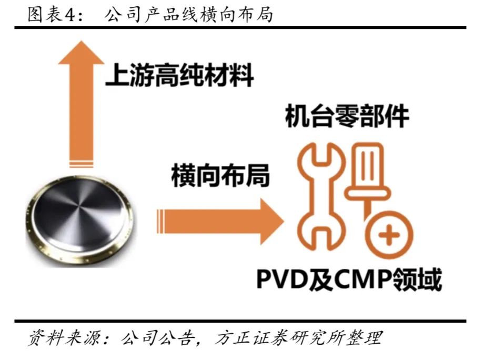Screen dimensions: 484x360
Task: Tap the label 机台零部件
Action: pyautogui.click(x=347, y=116)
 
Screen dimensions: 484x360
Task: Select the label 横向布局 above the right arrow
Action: pyautogui.click(x=220, y=175)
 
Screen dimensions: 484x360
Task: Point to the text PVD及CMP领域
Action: pyautogui.click(x=349, y=279)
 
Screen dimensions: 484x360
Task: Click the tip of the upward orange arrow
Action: pyautogui.click(x=81, y=41)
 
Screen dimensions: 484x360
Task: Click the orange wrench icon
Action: pyautogui.click(x=321, y=196)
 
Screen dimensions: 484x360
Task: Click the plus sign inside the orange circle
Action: pyautogui.click(x=389, y=235)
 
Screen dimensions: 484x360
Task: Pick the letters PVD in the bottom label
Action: pyautogui.click(x=283, y=279)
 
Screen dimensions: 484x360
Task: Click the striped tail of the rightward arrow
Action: pyautogui.click(x=160, y=222)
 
